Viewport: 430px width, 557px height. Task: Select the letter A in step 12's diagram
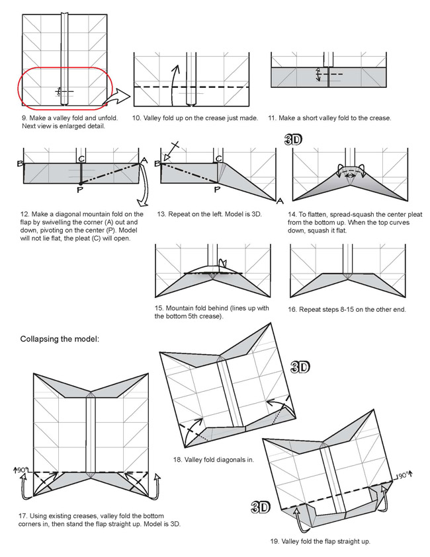coord(144,159)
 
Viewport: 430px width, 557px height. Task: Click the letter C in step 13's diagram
coord(218,159)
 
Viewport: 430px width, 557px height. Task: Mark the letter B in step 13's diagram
coord(157,163)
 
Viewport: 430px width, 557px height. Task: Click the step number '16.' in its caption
coord(292,309)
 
